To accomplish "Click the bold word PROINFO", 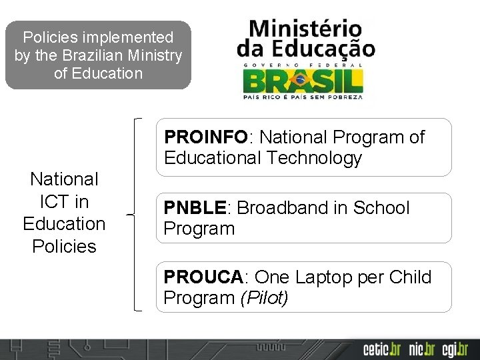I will coord(206,137).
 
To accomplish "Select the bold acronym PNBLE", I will coord(195,208).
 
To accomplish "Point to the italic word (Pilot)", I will coord(264,298).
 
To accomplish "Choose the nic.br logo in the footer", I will coord(422,349).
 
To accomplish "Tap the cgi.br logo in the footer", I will coord(455,349).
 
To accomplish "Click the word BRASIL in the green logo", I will coord(303,81).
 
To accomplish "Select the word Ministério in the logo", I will coord(305,29).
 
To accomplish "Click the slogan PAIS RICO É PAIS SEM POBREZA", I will coord(303,97).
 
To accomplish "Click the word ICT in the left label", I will coord(64,201).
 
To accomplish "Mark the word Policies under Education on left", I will coord(64,246).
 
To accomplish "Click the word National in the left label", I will coord(64,179).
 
